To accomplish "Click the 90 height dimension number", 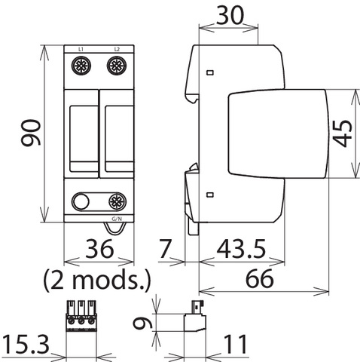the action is coord(31,133).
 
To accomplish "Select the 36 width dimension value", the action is coord(99,249).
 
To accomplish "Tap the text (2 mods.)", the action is coord(97,280).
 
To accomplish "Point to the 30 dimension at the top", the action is coord(230,15).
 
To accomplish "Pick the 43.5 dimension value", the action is coord(241,249).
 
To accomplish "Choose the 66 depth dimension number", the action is coord(260,278).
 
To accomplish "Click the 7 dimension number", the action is coord(166,249).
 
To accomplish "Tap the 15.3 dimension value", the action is coord(26,345).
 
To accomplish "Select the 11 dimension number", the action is coord(235,344).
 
